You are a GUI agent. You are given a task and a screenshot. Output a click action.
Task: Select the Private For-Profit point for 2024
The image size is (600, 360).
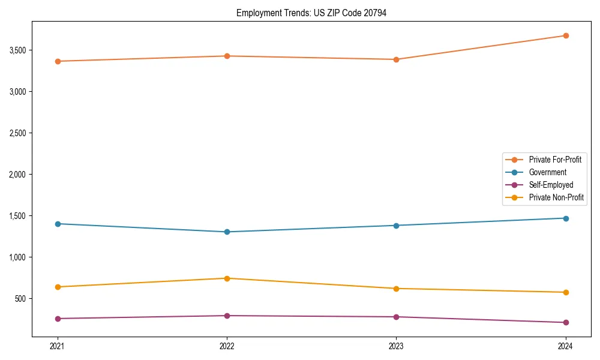565,35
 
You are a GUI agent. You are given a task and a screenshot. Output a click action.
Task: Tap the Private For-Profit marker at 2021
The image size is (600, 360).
58,61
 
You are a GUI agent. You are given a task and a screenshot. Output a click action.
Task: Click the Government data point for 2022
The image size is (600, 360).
227,232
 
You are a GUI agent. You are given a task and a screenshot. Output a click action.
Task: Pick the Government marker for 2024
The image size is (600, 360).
565,218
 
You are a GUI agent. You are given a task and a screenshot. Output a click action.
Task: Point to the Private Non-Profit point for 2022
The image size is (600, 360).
227,278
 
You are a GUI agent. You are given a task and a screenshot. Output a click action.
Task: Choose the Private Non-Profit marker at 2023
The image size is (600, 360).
396,289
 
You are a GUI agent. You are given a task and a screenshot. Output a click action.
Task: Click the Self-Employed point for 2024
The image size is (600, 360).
565,323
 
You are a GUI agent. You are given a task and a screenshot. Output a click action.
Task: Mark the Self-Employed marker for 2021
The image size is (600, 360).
58,319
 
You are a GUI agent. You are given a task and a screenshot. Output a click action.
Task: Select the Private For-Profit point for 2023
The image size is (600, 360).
396,59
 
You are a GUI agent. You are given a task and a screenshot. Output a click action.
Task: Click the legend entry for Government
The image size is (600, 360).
547,172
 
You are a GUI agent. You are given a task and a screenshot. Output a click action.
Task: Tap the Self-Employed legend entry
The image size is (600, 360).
551,185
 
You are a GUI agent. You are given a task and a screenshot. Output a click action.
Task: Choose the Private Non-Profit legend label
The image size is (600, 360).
556,197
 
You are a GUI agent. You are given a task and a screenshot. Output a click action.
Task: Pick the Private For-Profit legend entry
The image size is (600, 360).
555,160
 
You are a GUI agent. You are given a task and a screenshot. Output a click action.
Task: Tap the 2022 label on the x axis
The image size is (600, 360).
227,346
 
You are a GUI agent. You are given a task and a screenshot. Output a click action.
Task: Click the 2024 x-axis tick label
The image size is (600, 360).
565,346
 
